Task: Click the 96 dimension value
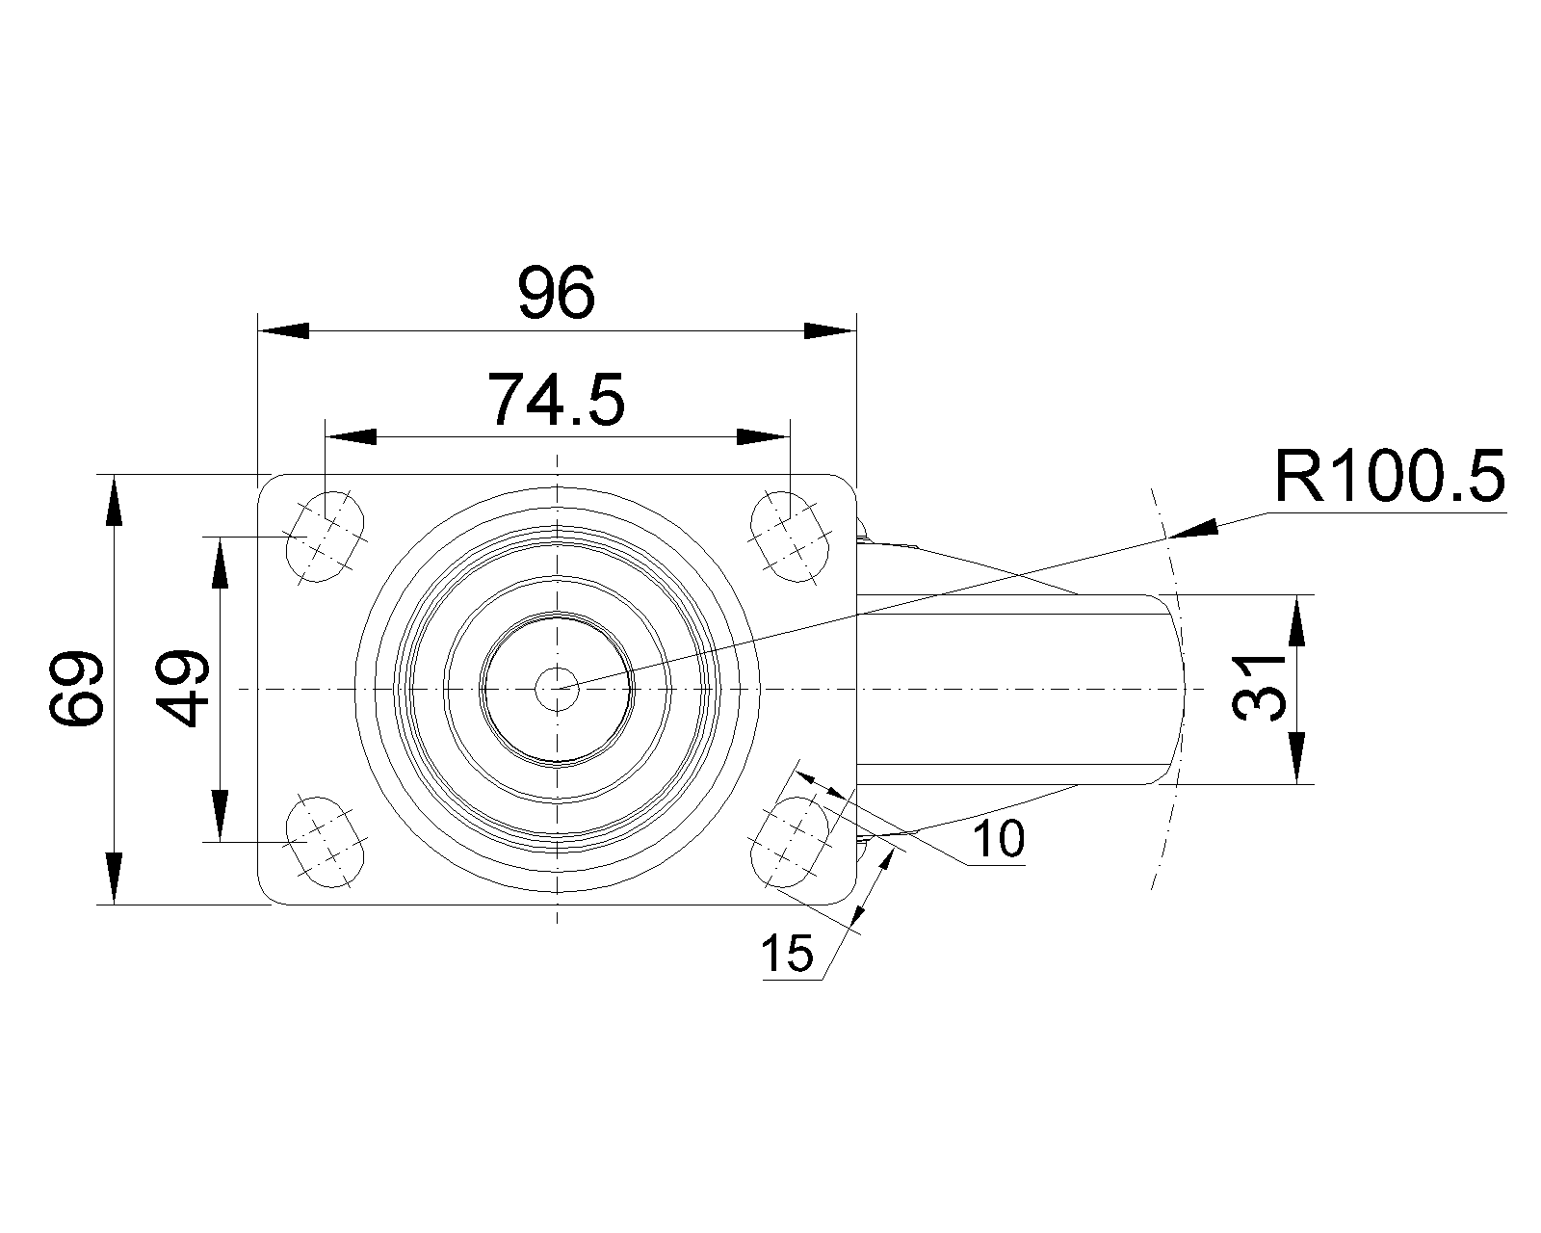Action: (x=557, y=294)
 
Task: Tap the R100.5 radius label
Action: (x=1389, y=477)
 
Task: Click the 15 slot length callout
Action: (x=787, y=954)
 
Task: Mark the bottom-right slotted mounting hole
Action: (x=790, y=841)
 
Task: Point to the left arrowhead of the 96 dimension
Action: (x=283, y=330)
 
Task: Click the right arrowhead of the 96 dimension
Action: (x=830, y=330)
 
